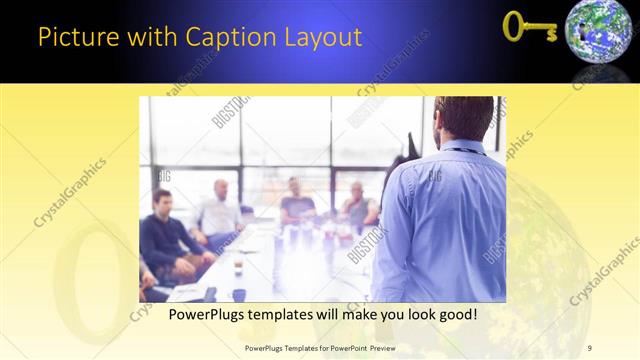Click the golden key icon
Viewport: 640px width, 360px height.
(x=528, y=27)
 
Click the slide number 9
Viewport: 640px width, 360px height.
(x=590, y=347)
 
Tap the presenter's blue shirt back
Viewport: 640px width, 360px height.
(x=445, y=220)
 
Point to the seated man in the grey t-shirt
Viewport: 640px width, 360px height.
(x=296, y=203)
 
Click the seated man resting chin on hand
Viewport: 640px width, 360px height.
(x=357, y=204)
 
